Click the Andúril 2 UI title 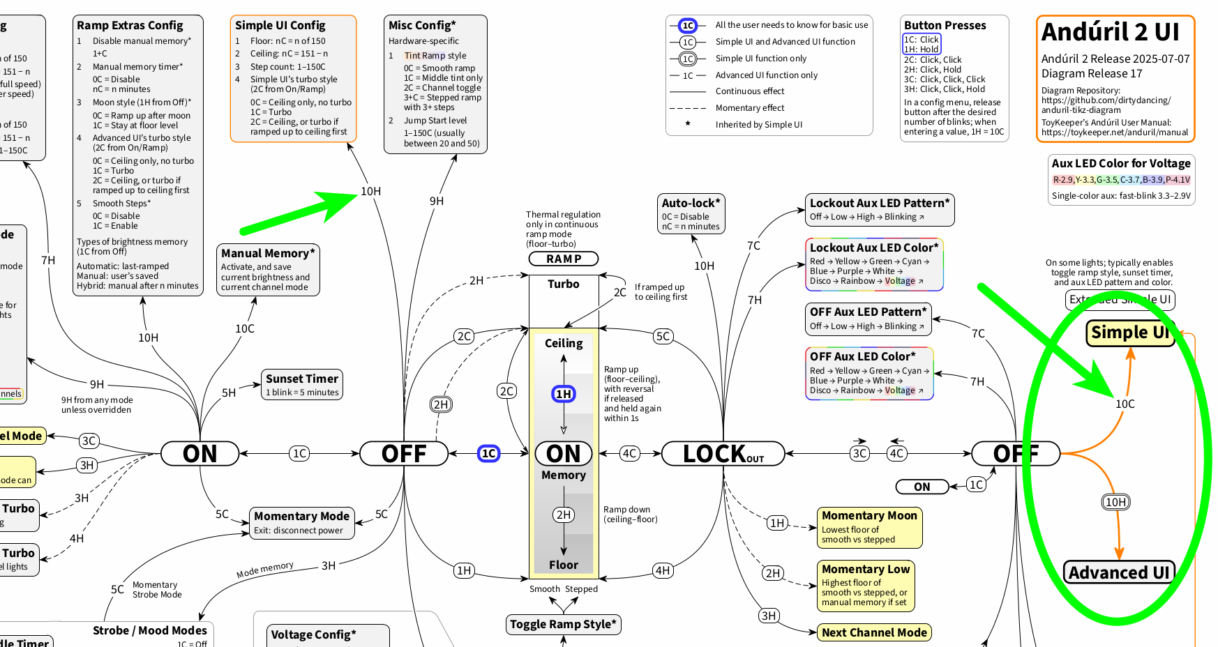pos(1110,32)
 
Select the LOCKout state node pos(723,454)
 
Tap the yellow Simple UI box pos(1129,333)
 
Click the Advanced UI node pos(1118,572)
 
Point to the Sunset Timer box pos(302,384)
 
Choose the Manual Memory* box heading pos(268,253)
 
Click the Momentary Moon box pos(869,527)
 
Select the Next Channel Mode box pos(874,632)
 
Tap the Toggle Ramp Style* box pos(563,624)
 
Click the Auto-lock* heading pos(691,203)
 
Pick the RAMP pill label pos(564,259)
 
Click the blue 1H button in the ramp pos(564,394)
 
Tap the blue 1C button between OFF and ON pos(488,453)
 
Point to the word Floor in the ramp pos(563,565)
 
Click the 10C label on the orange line pos(1125,404)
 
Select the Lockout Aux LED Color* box pos(874,264)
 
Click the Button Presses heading pos(945,25)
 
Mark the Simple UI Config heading pos(280,25)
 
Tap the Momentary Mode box pos(301,523)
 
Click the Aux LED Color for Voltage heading pos(1121,163)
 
